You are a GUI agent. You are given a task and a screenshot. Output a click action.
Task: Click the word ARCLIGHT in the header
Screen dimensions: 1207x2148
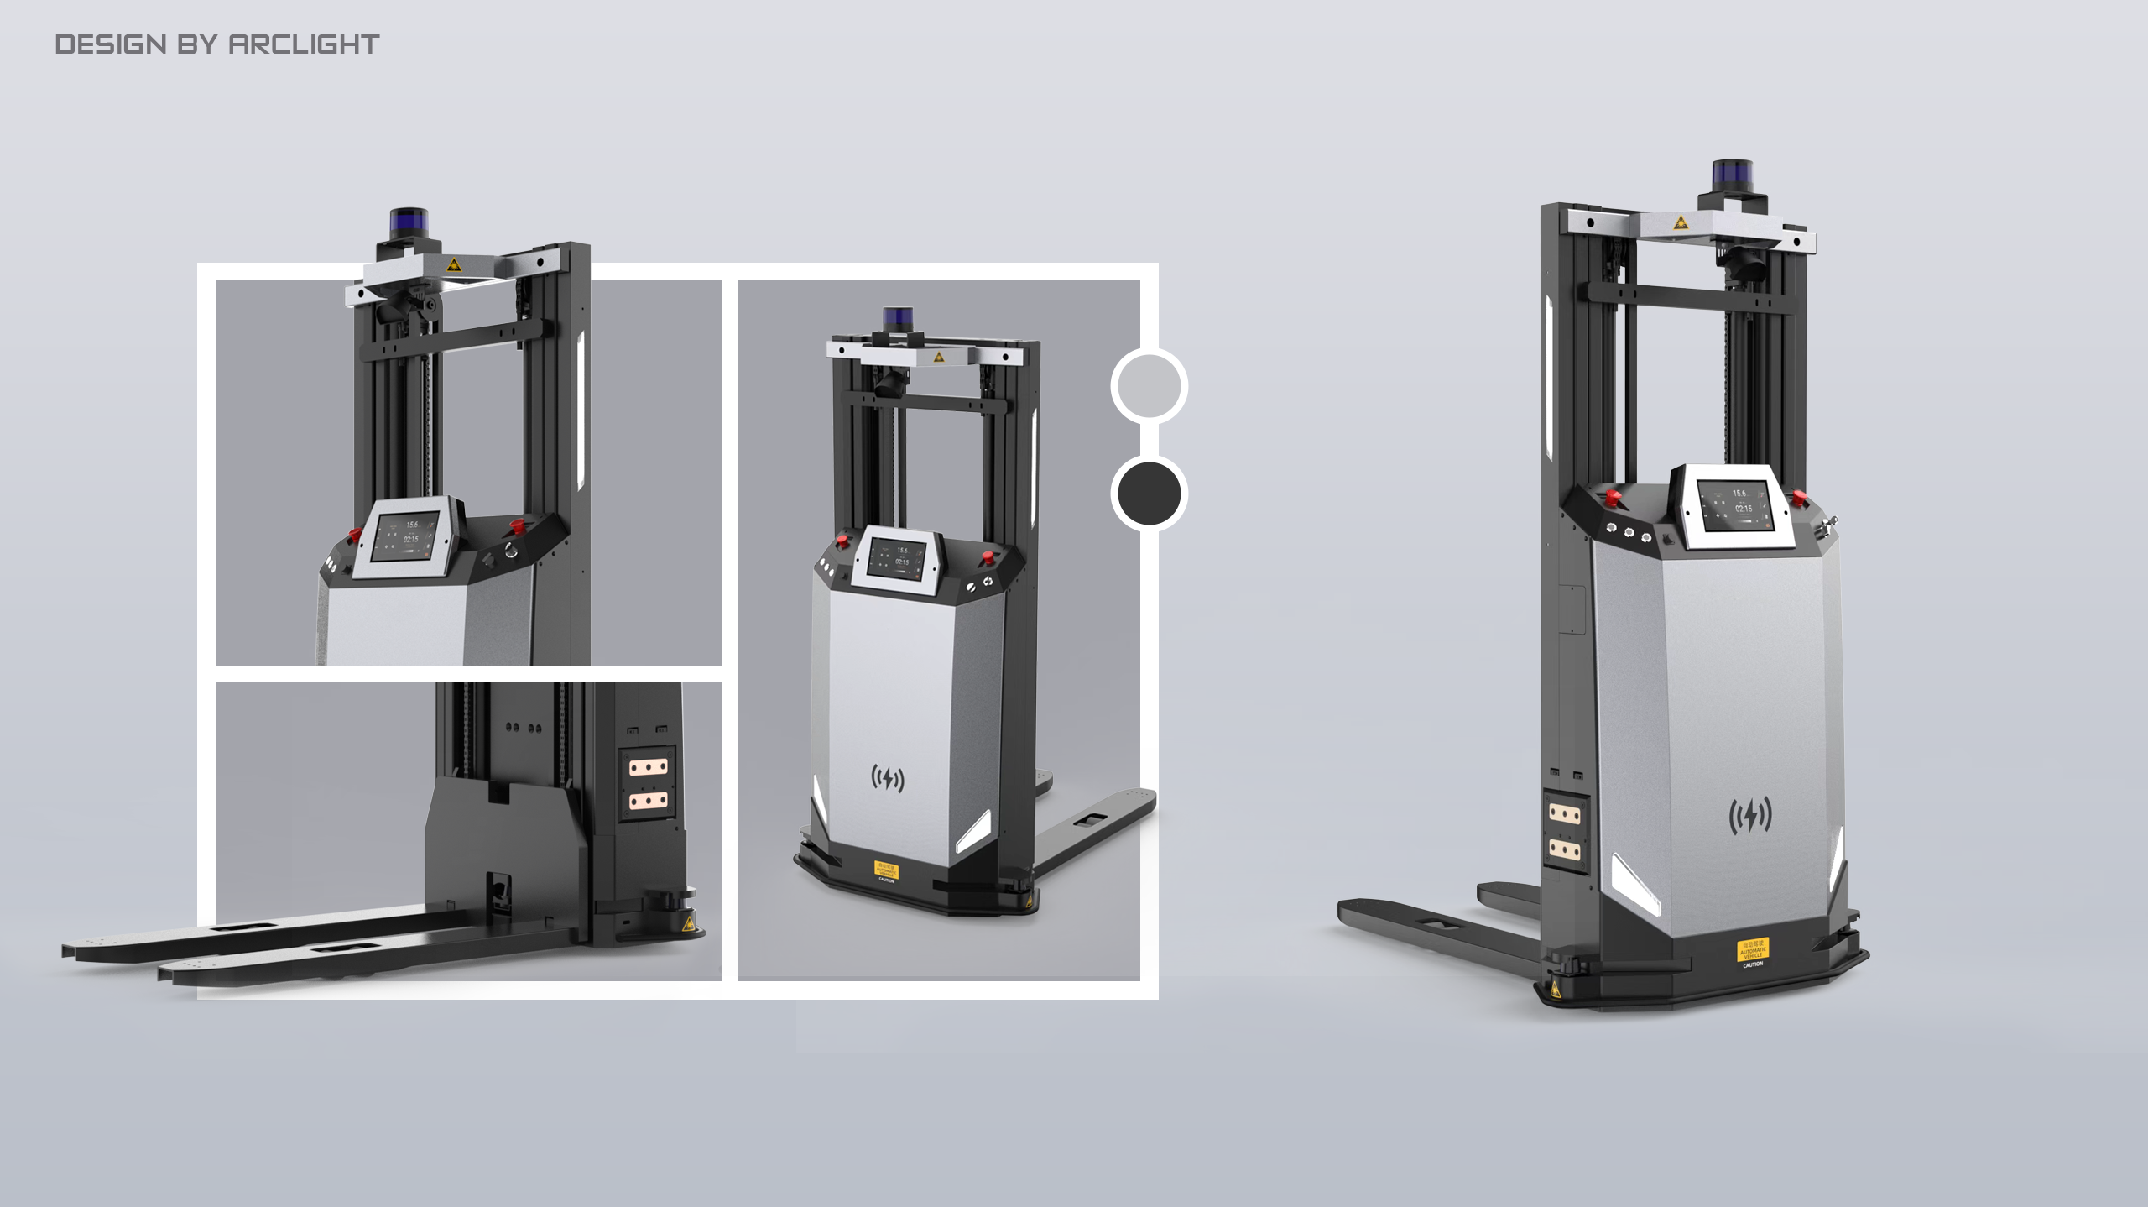[304, 44]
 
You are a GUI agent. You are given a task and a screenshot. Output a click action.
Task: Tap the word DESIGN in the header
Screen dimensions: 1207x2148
[111, 44]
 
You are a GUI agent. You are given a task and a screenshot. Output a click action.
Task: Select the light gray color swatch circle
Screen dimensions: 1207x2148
[1149, 386]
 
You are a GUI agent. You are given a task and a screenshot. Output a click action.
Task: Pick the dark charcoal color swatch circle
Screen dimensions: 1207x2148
[1149, 494]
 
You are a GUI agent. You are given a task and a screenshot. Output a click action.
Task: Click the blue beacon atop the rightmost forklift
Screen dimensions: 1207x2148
[1732, 175]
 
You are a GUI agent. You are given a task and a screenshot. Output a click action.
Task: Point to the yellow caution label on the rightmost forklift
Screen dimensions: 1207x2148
[1752, 951]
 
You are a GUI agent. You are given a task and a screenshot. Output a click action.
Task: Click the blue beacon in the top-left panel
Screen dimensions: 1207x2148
[409, 223]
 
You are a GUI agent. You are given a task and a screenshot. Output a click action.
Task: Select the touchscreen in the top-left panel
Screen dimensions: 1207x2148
[406, 537]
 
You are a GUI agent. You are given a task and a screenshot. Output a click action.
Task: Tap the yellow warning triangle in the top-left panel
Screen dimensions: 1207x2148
[453, 265]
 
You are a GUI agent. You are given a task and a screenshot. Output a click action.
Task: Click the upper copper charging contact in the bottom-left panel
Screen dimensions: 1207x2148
[649, 767]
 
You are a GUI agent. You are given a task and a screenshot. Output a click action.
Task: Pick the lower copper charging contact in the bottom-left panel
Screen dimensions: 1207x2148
[649, 802]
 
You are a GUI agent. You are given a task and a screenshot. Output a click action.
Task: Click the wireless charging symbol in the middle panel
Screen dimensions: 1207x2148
[887, 779]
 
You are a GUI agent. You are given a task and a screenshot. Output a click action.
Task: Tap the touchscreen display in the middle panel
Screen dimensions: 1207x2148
[897, 559]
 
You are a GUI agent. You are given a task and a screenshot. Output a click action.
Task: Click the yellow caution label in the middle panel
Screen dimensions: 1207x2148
[885, 870]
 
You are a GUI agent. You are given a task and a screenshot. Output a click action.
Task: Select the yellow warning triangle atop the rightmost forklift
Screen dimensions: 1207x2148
[1680, 222]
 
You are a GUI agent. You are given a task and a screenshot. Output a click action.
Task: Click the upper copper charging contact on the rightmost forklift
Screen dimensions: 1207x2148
[1565, 813]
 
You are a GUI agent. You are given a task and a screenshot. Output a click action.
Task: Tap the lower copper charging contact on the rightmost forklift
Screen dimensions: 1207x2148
[1565, 849]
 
